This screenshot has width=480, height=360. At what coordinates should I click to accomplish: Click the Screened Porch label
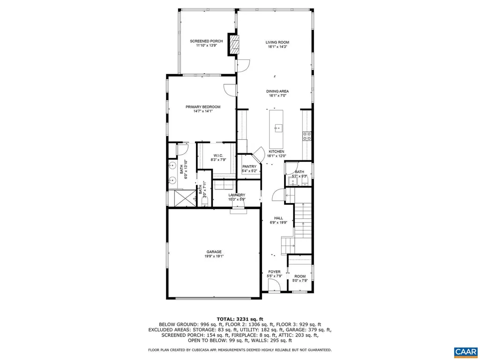[206, 41]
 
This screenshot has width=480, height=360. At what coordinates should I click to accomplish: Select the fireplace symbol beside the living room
[233, 45]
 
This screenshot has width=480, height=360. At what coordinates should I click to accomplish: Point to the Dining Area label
[277, 91]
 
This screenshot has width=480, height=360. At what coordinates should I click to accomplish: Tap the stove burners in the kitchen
[307, 136]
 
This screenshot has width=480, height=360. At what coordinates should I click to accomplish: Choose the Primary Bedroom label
[202, 107]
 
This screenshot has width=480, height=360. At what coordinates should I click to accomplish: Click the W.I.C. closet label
[218, 156]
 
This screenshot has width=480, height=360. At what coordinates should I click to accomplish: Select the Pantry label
[249, 167]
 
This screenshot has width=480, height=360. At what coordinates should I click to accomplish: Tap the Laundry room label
[237, 195]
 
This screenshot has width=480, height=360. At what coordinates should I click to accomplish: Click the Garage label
[214, 252]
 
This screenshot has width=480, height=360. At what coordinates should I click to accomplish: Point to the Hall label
[278, 218]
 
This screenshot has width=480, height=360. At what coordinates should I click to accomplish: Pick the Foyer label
[274, 272]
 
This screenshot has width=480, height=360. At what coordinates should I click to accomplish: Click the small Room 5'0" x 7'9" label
[300, 277]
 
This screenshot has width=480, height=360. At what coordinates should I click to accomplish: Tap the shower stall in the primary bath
[183, 197]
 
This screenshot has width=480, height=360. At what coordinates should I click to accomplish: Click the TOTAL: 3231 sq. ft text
[240, 319]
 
